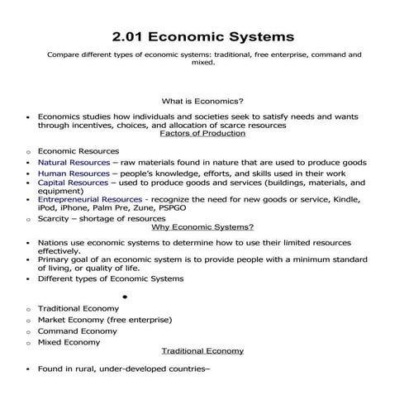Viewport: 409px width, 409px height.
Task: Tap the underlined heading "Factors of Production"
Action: [202, 134]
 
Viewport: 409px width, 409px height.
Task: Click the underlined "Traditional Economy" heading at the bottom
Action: [202, 350]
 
